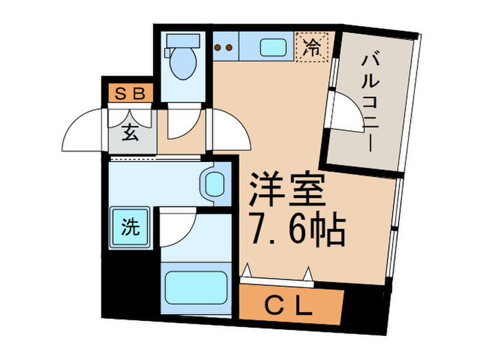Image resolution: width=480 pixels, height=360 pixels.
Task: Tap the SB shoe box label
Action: click(130, 93)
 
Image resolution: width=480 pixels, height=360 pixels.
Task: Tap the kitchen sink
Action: click(272, 48)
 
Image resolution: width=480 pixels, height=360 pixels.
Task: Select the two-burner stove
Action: click(224, 48)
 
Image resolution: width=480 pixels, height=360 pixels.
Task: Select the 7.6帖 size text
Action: click(293, 232)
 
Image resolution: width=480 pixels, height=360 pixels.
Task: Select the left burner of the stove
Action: click(219, 48)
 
